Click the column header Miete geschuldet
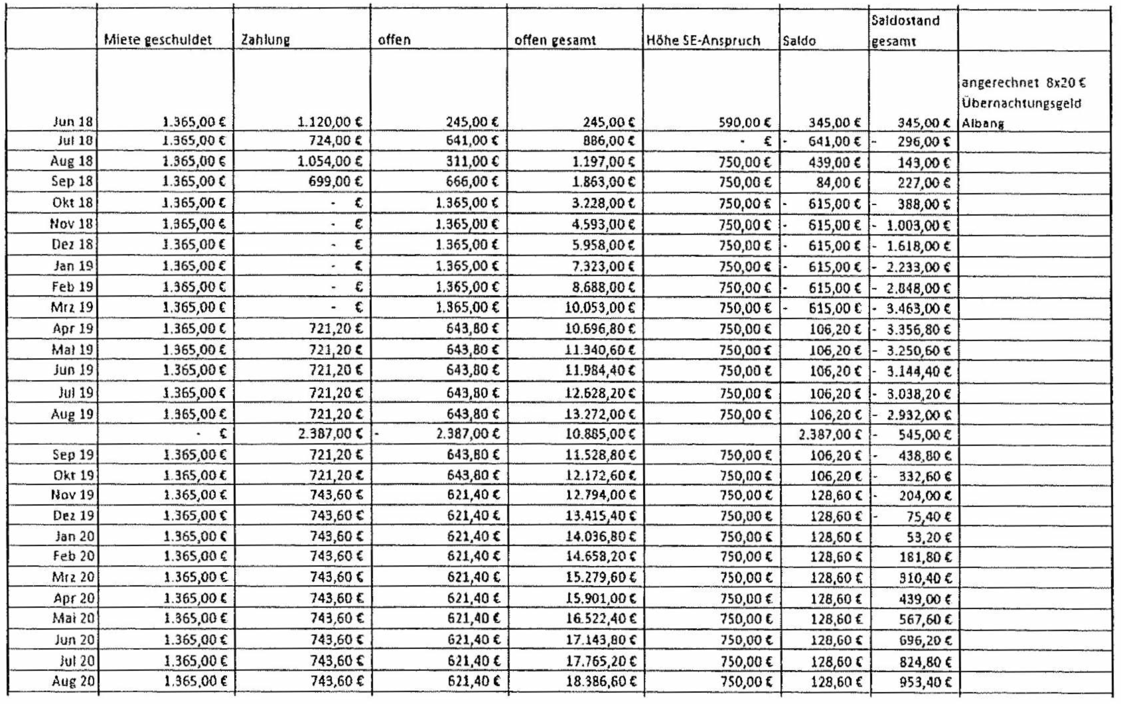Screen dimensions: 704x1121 click(158, 40)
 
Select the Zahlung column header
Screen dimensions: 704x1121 click(265, 40)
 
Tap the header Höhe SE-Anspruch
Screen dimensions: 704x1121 click(704, 40)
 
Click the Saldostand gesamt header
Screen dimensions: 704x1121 click(906, 31)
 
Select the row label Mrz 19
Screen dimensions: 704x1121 click(73, 309)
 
